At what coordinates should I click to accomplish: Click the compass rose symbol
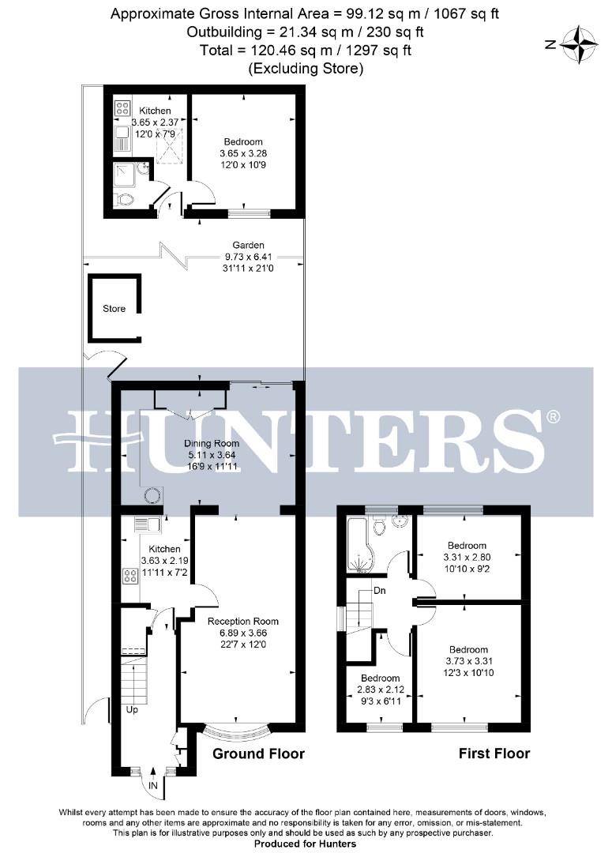(x=583, y=44)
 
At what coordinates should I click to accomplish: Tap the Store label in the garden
(x=115, y=309)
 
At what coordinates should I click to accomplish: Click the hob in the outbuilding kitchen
(x=123, y=109)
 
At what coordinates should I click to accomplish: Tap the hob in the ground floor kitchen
(x=130, y=576)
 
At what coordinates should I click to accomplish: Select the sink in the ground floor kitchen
(x=147, y=524)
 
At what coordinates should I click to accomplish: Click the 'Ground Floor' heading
(x=258, y=753)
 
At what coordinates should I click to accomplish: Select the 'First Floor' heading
(x=494, y=753)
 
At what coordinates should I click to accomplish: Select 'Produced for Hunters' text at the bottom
(x=305, y=844)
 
